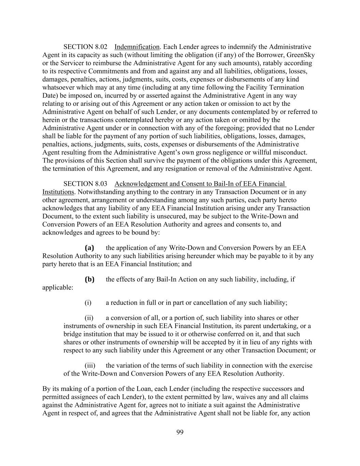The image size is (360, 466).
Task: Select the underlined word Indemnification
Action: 137,47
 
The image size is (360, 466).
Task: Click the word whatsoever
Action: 57,87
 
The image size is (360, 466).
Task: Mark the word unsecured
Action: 154,216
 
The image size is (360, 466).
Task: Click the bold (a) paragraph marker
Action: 89,248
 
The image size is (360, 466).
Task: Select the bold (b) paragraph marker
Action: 89,279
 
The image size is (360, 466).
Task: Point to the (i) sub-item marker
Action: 88,303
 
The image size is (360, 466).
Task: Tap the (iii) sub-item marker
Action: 90,366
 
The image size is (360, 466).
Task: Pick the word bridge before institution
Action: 73,334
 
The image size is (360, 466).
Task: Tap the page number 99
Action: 180,433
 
